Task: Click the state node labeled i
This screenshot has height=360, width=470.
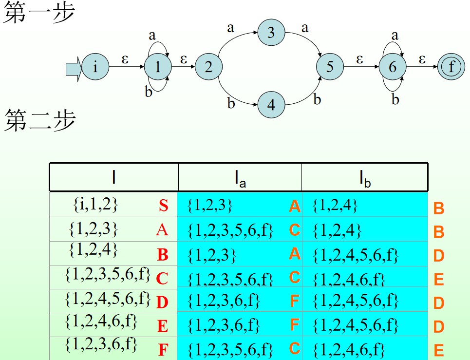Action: [x=95, y=67]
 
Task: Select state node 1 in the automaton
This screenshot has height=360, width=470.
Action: [x=157, y=67]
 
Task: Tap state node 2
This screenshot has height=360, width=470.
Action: [x=208, y=67]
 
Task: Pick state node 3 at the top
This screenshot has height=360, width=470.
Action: [x=271, y=33]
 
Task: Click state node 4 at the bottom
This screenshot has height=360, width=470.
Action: [x=271, y=104]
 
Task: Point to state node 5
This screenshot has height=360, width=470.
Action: [x=330, y=67]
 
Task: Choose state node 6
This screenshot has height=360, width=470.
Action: [x=393, y=67]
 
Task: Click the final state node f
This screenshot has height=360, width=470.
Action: [x=451, y=67]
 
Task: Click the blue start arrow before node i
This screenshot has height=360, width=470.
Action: [x=74, y=67]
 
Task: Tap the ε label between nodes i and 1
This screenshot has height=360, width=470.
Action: [x=126, y=59]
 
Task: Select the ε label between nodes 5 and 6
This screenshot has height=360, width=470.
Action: [x=360, y=59]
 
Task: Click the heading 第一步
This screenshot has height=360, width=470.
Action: [x=39, y=13]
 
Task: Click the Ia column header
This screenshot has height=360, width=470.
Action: [x=240, y=179]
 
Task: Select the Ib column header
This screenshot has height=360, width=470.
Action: [x=365, y=179]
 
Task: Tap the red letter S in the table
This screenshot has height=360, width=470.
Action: [x=164, y=206]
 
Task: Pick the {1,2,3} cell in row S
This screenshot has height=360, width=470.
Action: [x=210, y=206]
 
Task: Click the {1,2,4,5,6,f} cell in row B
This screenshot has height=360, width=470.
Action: [x=356, y=255]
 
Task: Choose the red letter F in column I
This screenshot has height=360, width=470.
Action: [x=163, y=350]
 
